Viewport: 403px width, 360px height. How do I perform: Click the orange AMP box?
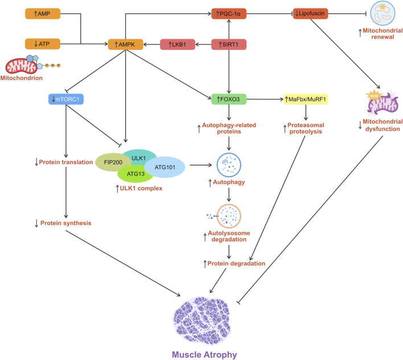(x=43, y=14)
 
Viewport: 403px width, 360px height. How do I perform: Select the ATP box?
(x=43, y=44)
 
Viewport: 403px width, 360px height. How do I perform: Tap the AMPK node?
(x=125, y=44)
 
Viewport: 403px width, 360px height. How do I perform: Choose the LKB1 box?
(x=178, y=44)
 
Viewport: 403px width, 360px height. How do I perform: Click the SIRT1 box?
(x=229, y=44)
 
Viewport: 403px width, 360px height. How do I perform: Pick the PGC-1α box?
(x=229, y=14)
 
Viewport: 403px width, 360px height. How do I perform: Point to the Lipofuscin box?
(x=310, y=13)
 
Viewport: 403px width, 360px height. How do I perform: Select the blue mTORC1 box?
(x=66, y=99)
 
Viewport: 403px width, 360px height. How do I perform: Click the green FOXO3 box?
(x=229, y=99)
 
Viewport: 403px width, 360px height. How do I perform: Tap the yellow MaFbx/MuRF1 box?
(x=306, y=99)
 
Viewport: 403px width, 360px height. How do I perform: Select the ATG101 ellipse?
(x=165, y=167)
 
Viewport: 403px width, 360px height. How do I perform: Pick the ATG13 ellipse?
(x=135, y=174)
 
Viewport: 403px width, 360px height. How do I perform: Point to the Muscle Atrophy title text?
(x=204, y=355)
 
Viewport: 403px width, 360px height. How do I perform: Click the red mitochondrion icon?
(x=22, y=66)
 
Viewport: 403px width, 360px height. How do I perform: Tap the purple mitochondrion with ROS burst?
(x=382, y=103)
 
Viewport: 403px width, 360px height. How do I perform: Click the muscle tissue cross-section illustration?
(x=202, y=320)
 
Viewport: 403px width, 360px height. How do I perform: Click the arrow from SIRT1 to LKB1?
(x=203, y=44)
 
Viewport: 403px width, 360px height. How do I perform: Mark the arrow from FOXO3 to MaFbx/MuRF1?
(x=265, y=99)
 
